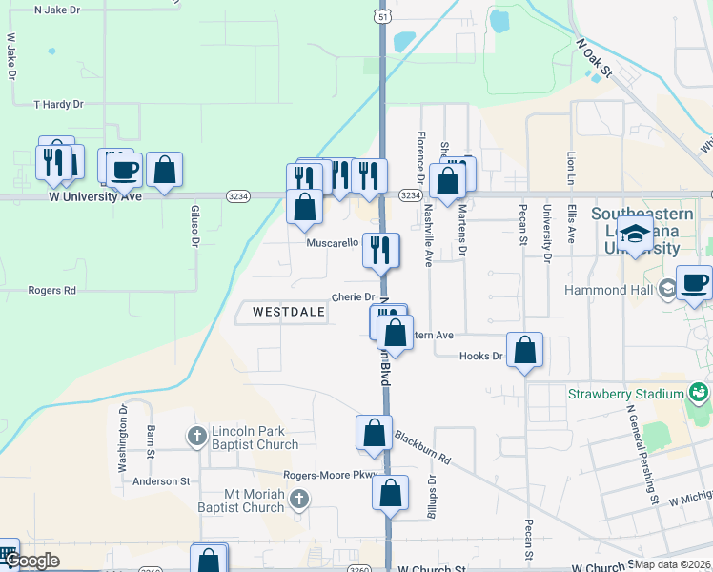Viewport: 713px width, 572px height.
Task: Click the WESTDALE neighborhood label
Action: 282,312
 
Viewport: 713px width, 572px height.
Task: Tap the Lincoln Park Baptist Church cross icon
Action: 196,436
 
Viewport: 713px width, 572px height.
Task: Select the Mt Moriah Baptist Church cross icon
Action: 299,499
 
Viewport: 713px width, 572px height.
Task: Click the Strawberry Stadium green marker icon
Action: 699,392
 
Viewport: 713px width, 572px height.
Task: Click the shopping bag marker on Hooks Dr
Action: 524,350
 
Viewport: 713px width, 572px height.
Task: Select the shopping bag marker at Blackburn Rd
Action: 375,433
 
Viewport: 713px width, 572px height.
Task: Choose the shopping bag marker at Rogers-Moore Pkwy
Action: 390,493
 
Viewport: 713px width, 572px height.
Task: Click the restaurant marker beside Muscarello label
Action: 380,251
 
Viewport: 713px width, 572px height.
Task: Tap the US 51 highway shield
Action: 382,16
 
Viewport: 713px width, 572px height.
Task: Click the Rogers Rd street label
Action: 51,291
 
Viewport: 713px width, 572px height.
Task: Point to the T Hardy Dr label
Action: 58,104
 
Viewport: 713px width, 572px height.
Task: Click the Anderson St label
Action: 161,481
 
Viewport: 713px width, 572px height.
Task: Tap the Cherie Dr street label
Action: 353,297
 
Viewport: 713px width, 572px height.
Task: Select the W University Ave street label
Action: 95,196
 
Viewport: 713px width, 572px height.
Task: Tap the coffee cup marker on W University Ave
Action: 123,171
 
